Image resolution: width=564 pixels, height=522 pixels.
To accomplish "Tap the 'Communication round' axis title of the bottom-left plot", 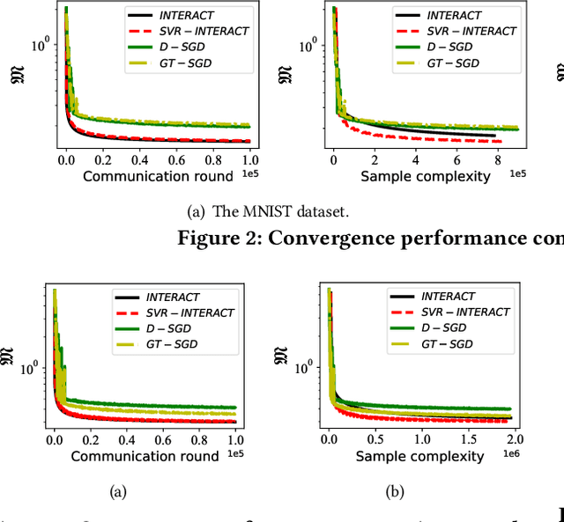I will [x=144, y=456].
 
